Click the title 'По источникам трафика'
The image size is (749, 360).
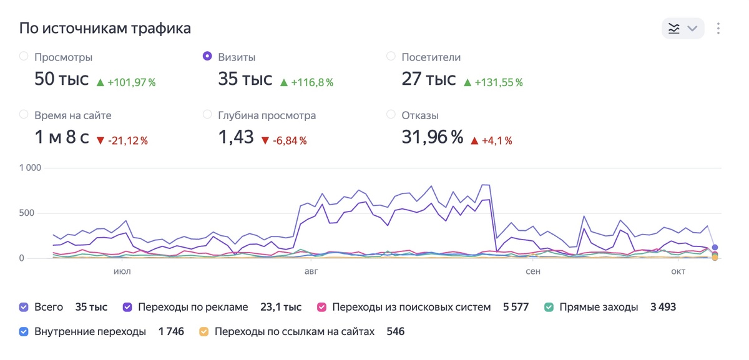(x=105, y=28)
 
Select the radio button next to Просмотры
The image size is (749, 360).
(x=24, y=56)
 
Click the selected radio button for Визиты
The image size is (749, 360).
(x=207, y=56)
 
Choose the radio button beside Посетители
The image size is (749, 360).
(x=391, y=56)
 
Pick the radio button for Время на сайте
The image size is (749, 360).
(x=24, y=114)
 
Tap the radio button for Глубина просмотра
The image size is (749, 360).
(x=207, y=114)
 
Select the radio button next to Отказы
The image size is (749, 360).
(x=391, y=114)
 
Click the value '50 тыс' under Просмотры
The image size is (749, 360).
(x=62, y=79)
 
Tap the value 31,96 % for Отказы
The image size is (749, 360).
(x=432, y=137)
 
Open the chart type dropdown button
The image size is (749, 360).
(x=683, y=28)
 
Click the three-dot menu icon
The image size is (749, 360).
(x=718, y=28)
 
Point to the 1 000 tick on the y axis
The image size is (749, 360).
(x=30, y=168)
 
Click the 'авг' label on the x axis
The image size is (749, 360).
(x=311, y=272)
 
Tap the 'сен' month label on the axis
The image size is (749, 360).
(x=533, y=272)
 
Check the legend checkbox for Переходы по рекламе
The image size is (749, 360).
(x=127, y=307)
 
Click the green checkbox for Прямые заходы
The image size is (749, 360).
(x=549, y=307)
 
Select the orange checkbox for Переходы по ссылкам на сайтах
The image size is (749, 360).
(x=203, y=332)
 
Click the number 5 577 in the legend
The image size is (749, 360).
(x=516, y=307)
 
